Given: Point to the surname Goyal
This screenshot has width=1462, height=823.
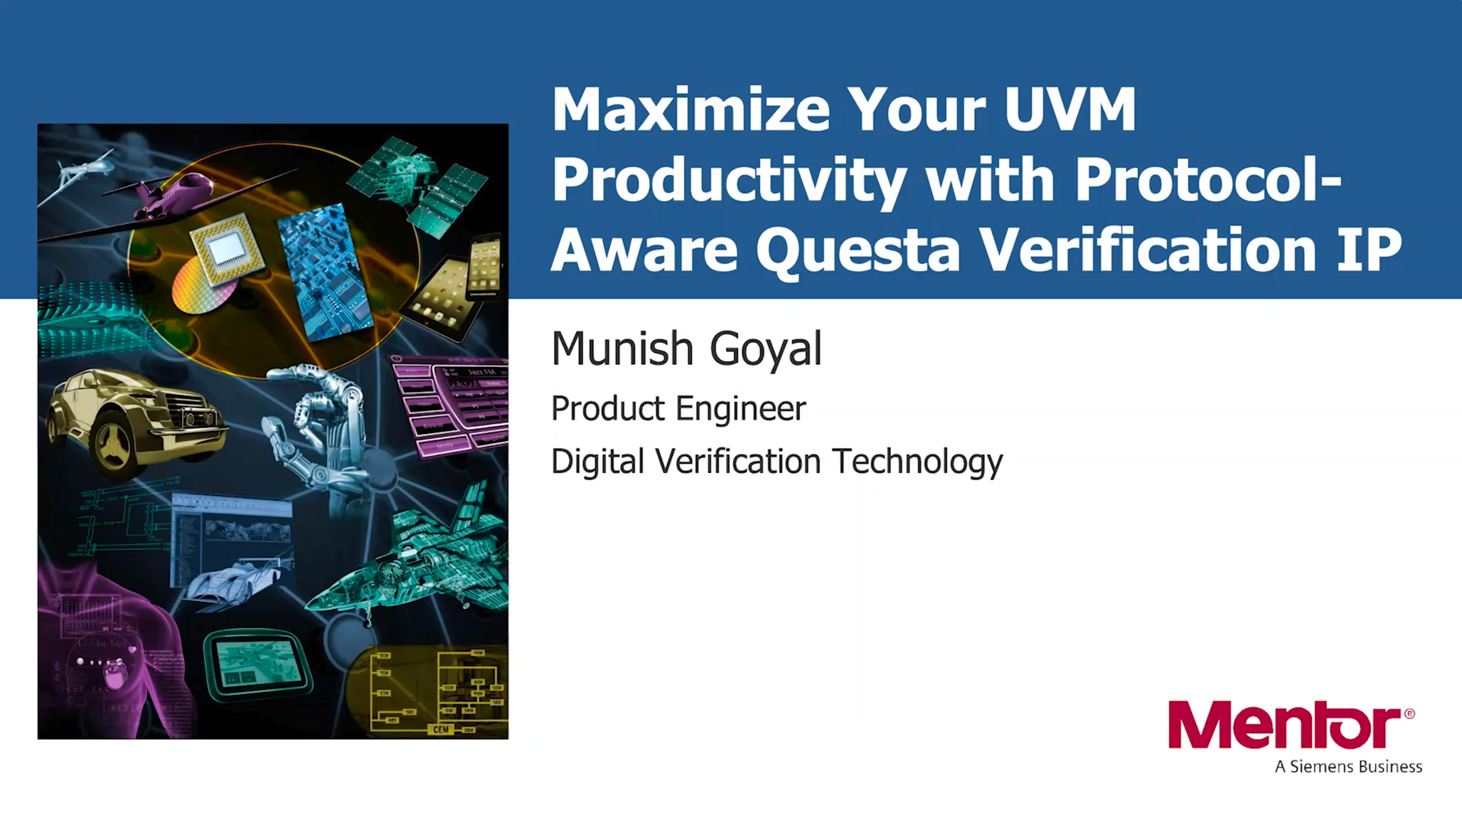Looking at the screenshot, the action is click(x=765, y=349).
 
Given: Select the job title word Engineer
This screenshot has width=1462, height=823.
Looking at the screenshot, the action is click(x=740, y=409).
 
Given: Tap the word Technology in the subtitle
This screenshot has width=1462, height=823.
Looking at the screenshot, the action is click(x=917, y=461).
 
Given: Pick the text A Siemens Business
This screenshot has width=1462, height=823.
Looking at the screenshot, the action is click(x=1348, y=766).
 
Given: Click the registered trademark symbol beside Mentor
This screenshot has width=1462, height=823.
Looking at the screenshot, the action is click(x=1409, y=713).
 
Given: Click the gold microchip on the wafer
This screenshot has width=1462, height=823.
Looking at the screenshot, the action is click(x=227, y=248).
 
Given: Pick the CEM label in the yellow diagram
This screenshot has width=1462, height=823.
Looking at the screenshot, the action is click(x=441, y=729).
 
